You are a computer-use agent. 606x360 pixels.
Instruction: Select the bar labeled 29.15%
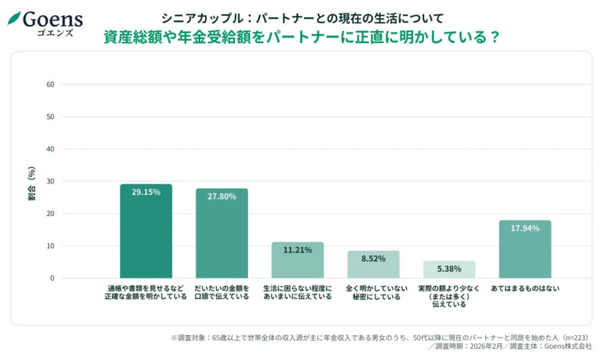(x=146, y=231)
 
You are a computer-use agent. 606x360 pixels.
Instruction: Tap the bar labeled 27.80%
(x=222, y=234)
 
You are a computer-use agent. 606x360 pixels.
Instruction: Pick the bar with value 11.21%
(x=297, y=260)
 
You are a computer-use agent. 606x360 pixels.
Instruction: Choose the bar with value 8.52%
(x=373, y=265)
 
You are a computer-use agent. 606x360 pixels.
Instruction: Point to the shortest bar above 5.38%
(x=449, y=270)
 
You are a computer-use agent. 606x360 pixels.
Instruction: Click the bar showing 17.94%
(x=524, y=250)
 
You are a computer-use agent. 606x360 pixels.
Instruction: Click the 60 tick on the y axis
(x=50, y=84)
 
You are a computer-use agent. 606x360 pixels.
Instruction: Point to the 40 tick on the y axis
(x=50, y=149)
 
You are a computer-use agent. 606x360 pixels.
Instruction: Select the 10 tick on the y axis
(x=50, y=246)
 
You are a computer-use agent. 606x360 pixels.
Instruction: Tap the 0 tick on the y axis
(x=51, y=278)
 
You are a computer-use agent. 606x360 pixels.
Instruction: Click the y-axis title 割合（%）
(x=31, y=182)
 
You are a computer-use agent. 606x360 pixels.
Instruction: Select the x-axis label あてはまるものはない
(x=524, y=288)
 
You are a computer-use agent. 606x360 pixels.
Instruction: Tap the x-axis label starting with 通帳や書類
(x=146, y=292)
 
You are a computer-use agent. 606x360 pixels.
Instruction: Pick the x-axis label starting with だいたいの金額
(x=222, y=292)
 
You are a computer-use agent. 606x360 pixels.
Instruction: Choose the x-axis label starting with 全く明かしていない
(x=373, y=292)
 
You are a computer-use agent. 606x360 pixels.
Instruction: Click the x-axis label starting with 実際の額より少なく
(x=449, y=296)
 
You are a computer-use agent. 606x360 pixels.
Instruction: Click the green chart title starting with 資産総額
(x=302, y=37)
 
